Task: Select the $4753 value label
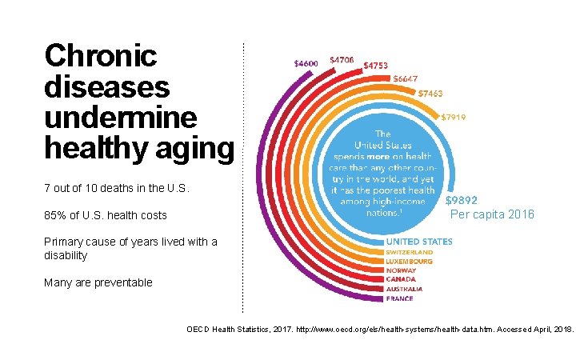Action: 376,65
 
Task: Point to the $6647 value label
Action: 408,78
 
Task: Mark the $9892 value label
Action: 462,202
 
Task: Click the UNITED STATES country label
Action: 419,242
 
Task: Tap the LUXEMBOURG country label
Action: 410,262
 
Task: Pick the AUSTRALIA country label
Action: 405,289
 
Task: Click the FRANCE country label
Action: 399,298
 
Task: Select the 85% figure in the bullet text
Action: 57,215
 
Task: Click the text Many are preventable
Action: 98,282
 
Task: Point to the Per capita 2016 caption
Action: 492,214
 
